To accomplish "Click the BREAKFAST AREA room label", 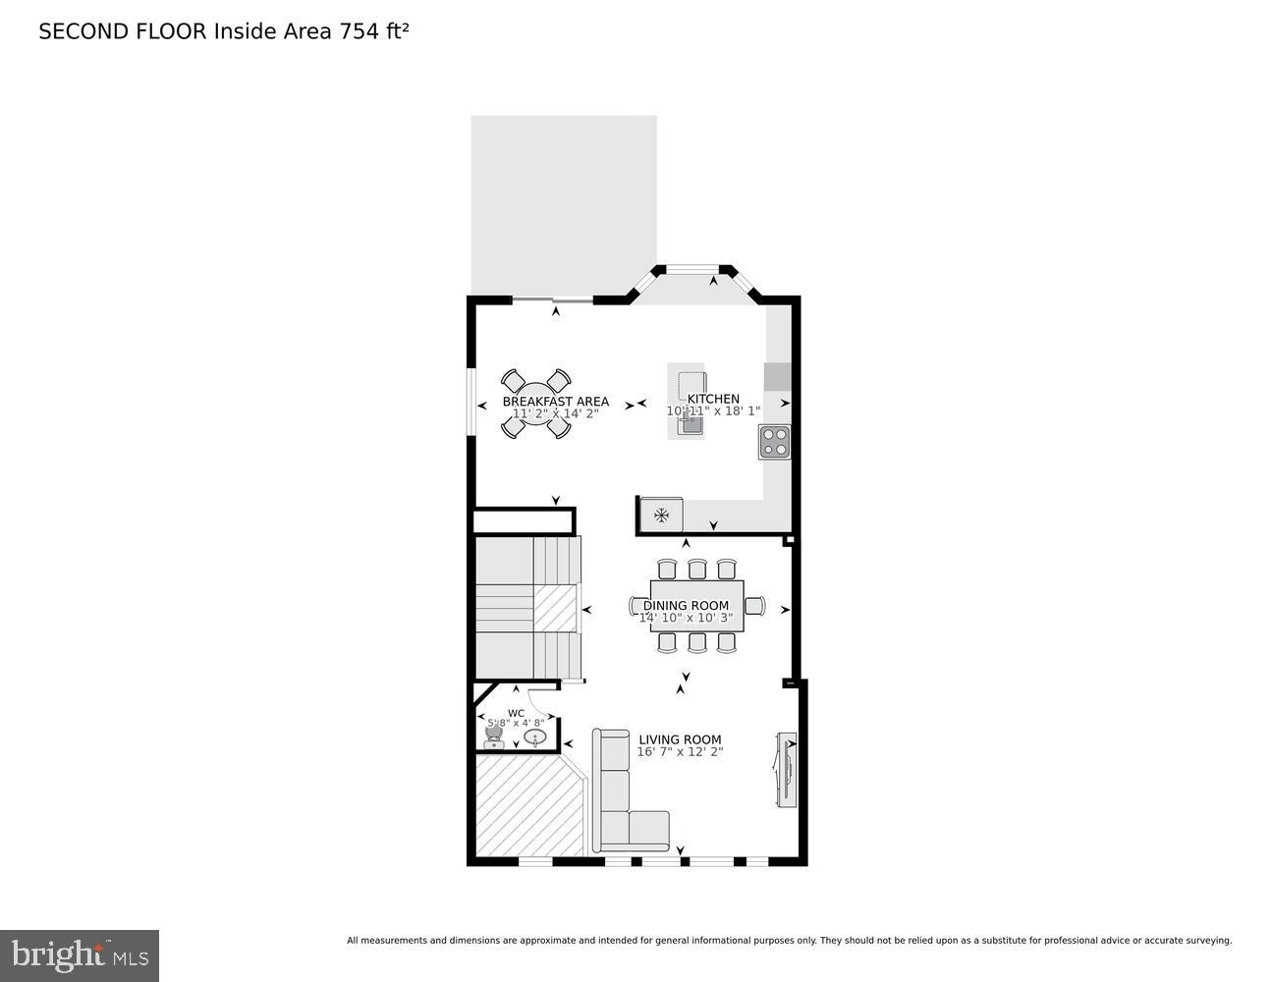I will pyautogui.click(x=555, y=402).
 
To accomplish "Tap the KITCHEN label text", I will pyautogui.click(x=713, y=399).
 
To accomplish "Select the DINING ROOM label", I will pyautogui.click(x=686, y=606).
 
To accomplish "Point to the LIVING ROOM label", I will pyautogui.click(x=680, y=739).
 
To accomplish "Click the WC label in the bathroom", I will pyautogui.click(x=516, y=713).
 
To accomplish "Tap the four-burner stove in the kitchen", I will pyautogui.click(x=774, y=442).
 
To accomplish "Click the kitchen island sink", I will pyautogui.click(x=691, y=424).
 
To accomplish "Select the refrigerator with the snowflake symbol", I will pyautogui.click(x=661, y=515).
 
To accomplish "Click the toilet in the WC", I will pyautogui.click(x=493, y=734).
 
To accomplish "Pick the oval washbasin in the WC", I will pyautogui.click(x=534, y=736).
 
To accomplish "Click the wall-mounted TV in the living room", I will pyautogui.click(x=786, y=770).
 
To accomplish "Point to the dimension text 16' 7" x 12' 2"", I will pyautogui.click(x=680, y=752).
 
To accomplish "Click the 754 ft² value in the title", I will pyautogui.click(x=373, y=31).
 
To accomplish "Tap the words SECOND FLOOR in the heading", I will pyautogui.click(x=122, y=31).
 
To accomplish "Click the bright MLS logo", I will pyautogui.click(x=80, y=955).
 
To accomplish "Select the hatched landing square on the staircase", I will pyautogui.click(x=554, y=609).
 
